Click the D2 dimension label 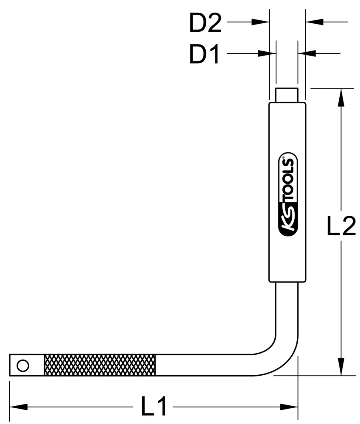click(205, 24)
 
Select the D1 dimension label click(204, 55)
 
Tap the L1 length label click(154, 407)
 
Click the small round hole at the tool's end click(22, 365)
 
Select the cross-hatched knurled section click(100, 365)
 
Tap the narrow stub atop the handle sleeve click(287, 95)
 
